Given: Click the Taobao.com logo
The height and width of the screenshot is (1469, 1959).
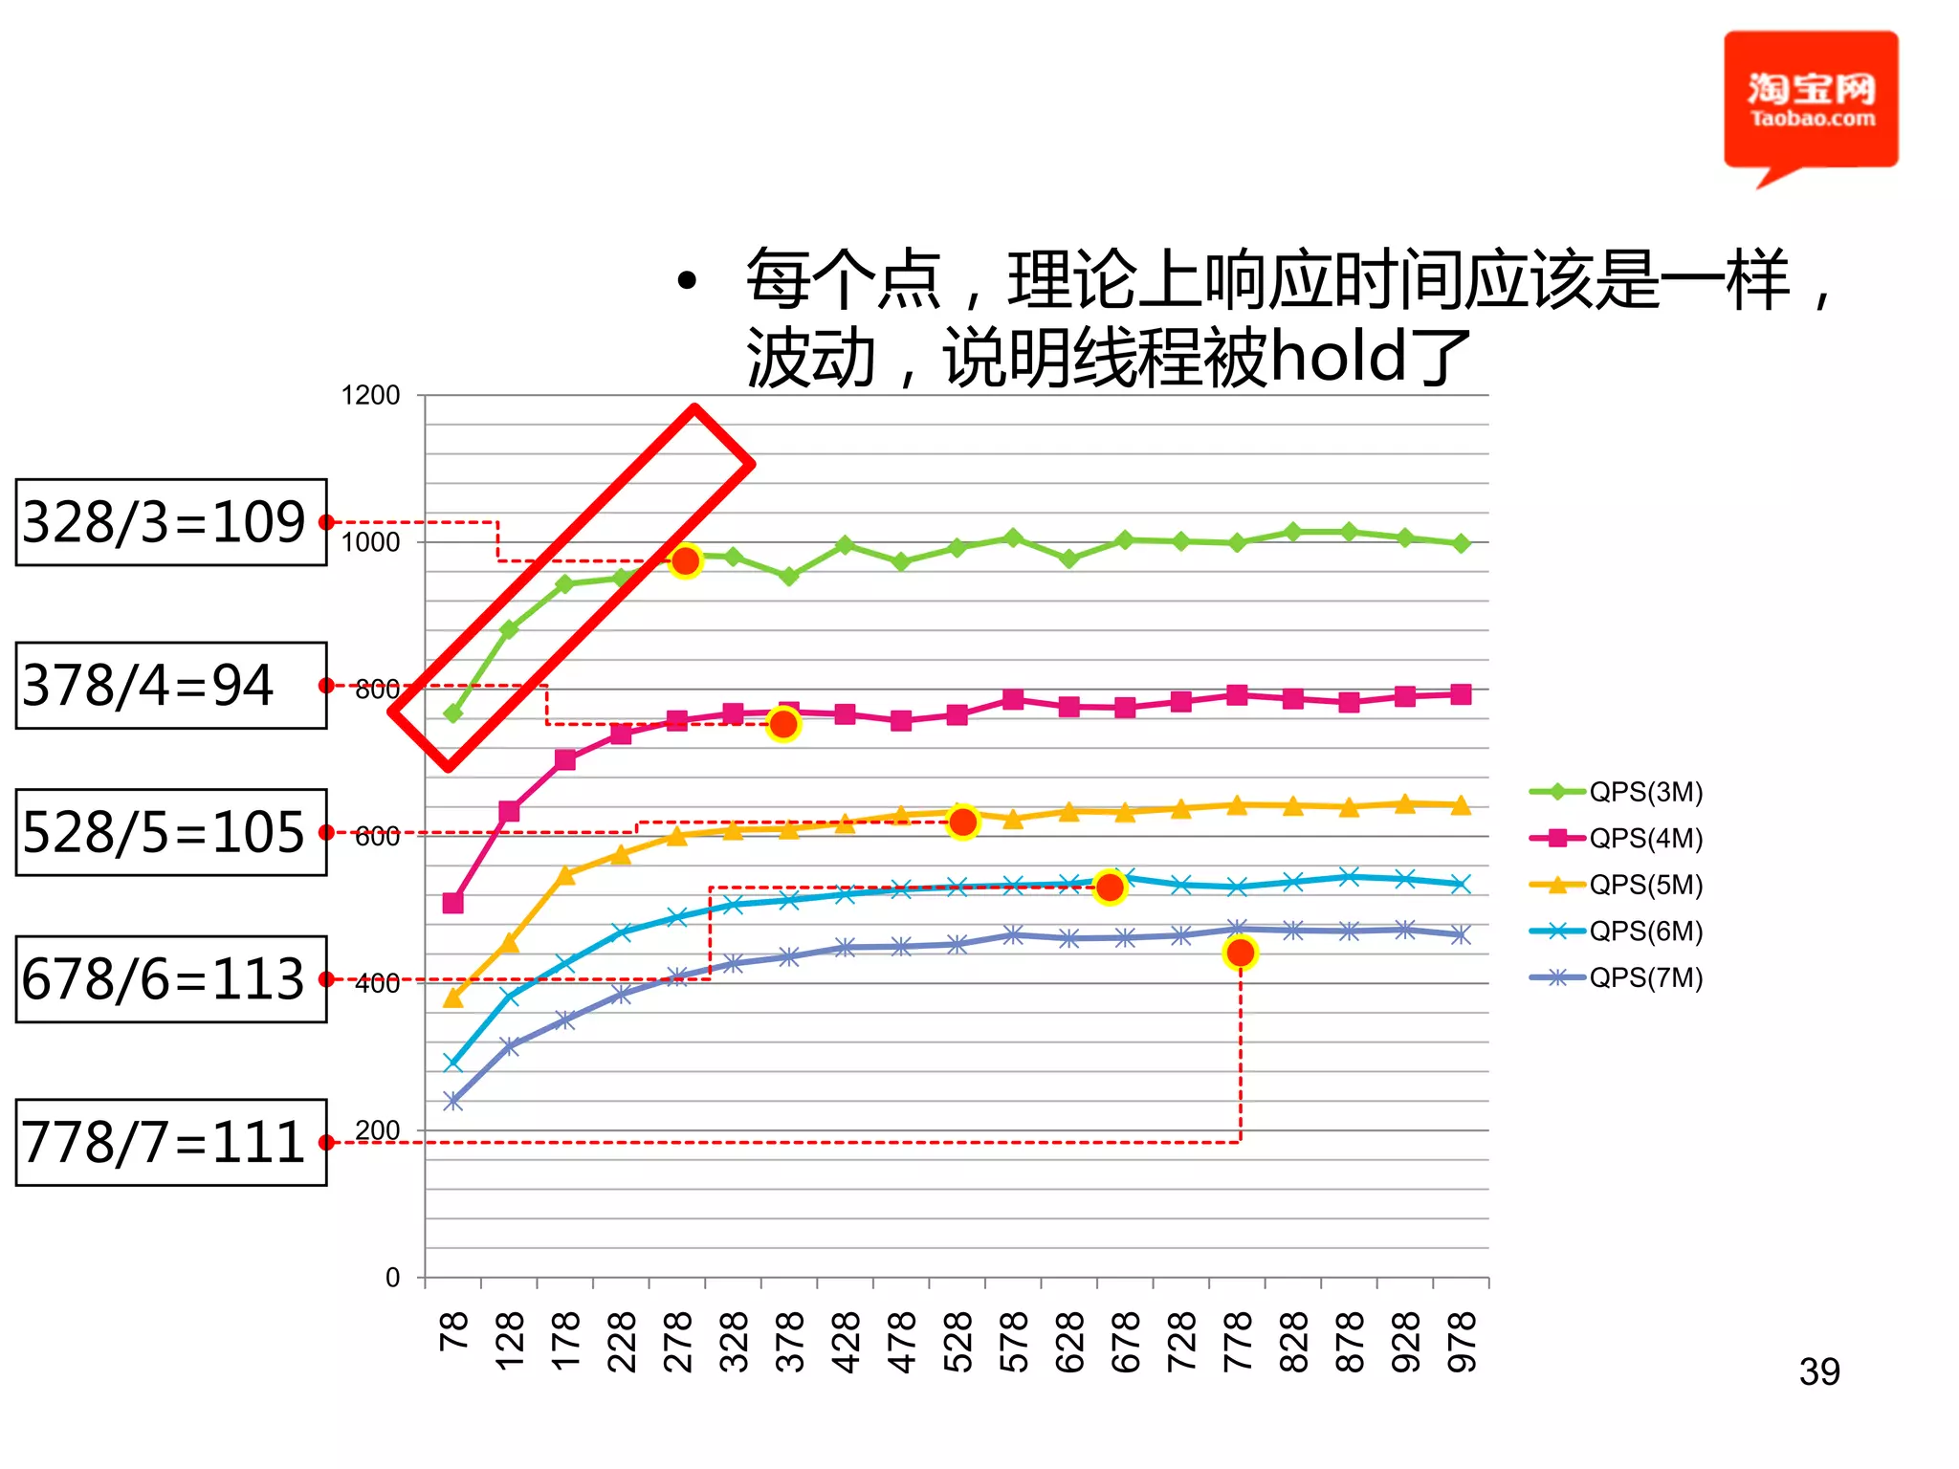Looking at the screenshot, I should pyautogui.click(x=1810, y=101).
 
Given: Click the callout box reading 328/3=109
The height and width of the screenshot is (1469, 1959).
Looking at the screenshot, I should pyautogui.click(x=170, y=522).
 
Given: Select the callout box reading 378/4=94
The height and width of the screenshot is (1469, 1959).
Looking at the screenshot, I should pyautogui.click(x=170, y=686).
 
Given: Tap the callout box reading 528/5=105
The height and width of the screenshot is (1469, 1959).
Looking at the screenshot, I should pyautogui.click(x=170, y=832).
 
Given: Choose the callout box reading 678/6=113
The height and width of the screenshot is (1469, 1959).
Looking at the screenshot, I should pyautogui.click(x=170, y=979).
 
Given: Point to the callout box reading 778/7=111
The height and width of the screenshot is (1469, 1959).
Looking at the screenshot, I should pyautogui.click(x=170, y=1143).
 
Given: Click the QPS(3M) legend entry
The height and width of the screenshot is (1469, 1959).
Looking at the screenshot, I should pyautogui.click(x=1617, y=792).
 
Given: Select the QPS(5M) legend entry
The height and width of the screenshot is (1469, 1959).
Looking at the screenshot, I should pyautogui.click(x=1617, y=885).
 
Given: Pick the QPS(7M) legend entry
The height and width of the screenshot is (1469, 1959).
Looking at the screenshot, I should pyautogui.click(x=1617, y=977).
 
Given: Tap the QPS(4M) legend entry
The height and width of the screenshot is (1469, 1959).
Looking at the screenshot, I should pyautogui.click(x=1617, y=838).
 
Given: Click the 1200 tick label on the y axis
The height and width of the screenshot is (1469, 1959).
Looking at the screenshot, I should pyautogui.click(x=370, y=396).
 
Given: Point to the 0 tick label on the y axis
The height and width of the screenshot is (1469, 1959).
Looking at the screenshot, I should pyautogui.click(x=392, y=1278).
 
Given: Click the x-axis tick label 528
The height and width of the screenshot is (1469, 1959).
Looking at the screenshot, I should pyautogui.click(x=957, y=1342).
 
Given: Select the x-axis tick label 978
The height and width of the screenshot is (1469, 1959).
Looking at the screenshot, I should pyautogui.click(x=1462, y=1342).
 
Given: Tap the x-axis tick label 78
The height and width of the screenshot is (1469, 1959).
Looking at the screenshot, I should pyautogui.click(x=453, y=1331).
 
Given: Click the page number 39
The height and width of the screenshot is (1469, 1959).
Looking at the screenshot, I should pyautogui.click(x=1818, y=1372).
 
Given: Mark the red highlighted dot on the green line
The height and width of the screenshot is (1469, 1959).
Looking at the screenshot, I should pyautogui.click(x=685, y=561).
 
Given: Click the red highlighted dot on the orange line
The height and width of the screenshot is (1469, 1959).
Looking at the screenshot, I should pyautogui.click(x=962, y=822).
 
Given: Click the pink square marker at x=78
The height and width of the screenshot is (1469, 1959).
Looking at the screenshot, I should pyautogui.click(x=453, y=903).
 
